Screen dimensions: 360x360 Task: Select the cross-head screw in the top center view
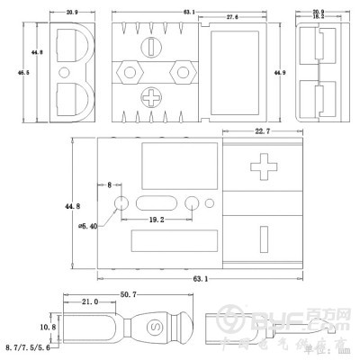coord(155,93)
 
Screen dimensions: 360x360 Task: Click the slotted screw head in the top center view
coord(157,44)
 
